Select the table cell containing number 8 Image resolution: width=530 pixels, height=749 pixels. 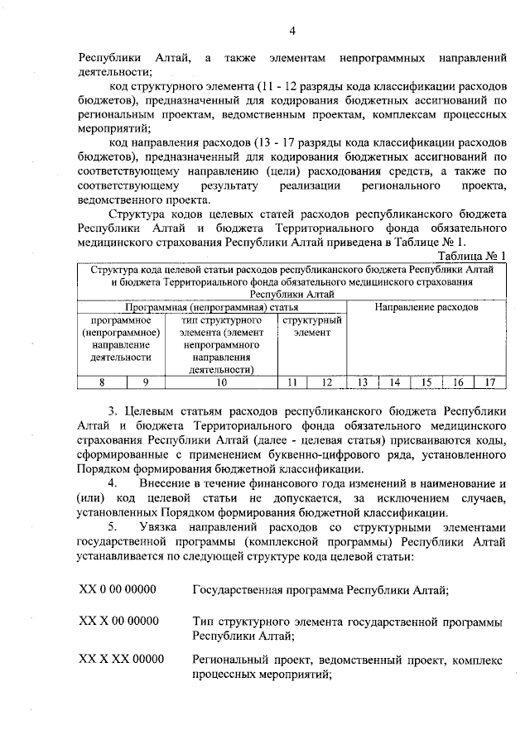102,382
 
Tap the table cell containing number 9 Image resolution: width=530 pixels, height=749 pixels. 146,382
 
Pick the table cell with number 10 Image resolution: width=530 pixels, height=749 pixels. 220,382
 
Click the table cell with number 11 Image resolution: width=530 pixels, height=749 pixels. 292,382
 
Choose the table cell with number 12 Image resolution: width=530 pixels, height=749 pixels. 326,382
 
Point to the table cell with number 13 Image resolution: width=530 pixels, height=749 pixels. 362,382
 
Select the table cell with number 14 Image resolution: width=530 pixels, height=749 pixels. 395,382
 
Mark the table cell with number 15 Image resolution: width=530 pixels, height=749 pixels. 426,382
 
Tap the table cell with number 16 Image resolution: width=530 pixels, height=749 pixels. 458,382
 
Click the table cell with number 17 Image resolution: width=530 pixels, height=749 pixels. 489,382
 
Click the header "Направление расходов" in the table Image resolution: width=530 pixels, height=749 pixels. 426,307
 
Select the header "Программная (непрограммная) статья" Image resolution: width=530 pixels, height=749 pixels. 211,307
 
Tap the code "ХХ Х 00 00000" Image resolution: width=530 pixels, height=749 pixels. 118,621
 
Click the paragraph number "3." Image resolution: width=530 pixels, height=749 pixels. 113,410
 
